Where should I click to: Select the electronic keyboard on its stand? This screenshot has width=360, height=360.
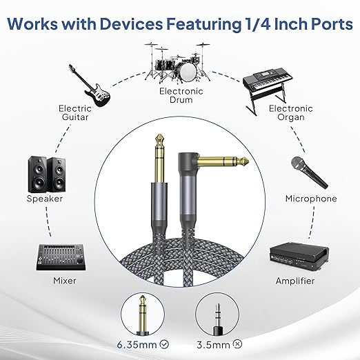(268, 90)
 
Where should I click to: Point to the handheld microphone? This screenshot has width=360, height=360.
(309, 172)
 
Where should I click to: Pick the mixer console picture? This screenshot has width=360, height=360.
(61, 257)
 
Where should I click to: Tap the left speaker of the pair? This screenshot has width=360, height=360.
(37, 174)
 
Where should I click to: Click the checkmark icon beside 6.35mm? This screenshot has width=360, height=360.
(164, 344)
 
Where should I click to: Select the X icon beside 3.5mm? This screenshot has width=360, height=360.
(237, 344)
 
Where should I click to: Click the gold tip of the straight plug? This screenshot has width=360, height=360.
(159, 138)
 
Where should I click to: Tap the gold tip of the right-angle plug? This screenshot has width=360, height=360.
(244, 161)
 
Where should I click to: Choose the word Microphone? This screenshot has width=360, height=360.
(311, 199)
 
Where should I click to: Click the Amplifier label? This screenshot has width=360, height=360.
(295, 281)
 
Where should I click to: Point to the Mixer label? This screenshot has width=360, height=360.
(65, 281)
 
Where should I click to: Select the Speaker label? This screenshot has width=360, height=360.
(45, 199)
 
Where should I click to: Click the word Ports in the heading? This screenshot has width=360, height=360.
(328, 23)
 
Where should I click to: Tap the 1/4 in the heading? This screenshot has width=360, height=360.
(256, 23)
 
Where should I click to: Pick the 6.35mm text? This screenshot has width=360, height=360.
(137, 345)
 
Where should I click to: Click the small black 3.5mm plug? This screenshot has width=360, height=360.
(217, 319)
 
